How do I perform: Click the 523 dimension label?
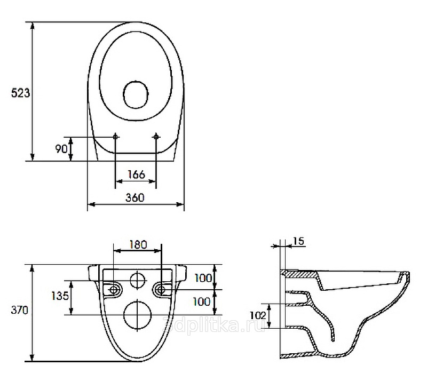pos(20,93)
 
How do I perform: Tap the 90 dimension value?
pos(61,149)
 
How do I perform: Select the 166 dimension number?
pos(136,174)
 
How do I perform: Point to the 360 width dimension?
pos(135,197)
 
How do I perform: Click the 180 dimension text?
pos(138,244)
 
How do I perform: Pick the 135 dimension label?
pos(60,296)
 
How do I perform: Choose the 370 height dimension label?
pos(20,310)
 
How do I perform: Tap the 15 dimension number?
pos(299,241)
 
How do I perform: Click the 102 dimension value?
pos(258,315)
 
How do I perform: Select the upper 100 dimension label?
pos(203,278)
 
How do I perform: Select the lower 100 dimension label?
pos(202,301)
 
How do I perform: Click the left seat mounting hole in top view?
pos(115,137)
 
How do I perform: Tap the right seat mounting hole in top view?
pos(156,137)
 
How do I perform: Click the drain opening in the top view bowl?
pos(136,94)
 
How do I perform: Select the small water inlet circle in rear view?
pos(138,280)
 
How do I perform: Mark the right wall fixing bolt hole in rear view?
pos(161,290)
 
